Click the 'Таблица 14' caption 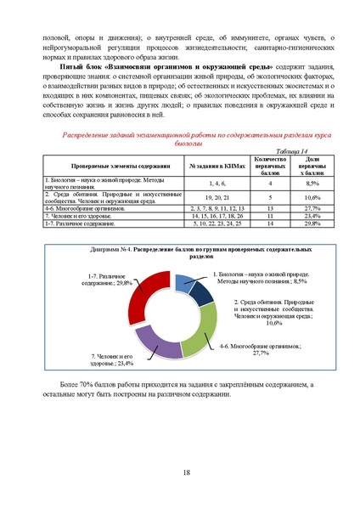(x=293, y=150)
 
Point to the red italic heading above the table (x=185, y=139)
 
